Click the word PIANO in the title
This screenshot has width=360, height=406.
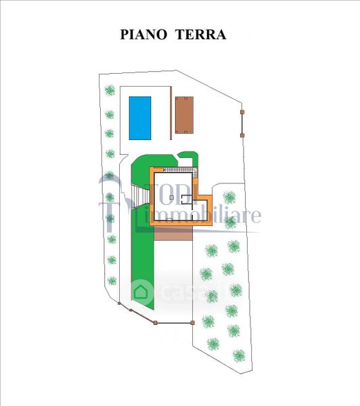point(143,35)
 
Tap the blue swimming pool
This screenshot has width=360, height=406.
point(140,118)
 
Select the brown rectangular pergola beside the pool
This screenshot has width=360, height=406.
point(184,115)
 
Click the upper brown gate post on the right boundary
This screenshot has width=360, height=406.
point(242,112)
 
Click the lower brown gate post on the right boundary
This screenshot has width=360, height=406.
point(242,135)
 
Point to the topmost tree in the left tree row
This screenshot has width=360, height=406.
point(110,90)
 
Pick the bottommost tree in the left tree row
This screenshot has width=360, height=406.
point(112,281)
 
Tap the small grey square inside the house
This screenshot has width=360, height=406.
point(171,198)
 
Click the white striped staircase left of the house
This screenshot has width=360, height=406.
point(140,197)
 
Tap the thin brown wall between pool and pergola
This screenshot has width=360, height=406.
point(171,113)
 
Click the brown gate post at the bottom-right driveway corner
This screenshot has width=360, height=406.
point(192,323)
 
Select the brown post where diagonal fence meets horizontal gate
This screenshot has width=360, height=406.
point(155,323)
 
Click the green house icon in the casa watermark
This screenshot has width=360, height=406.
point(141,292)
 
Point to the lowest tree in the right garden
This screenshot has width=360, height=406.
point(239,356)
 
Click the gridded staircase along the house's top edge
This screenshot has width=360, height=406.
point(181,171)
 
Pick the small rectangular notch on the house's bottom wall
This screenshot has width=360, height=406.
point(169,219)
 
